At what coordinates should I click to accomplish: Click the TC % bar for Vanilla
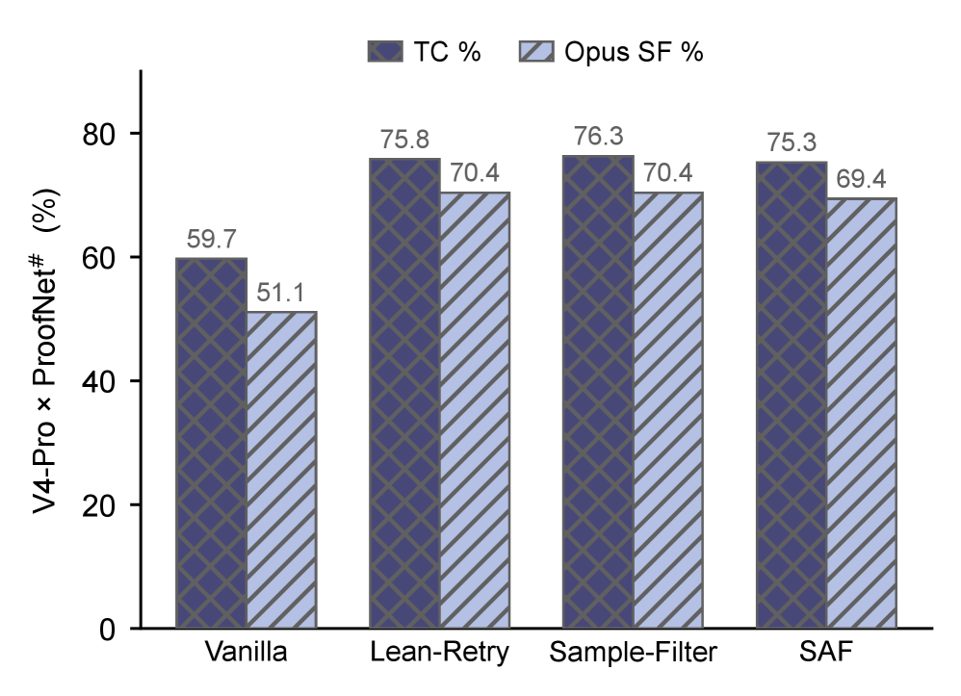pos(212,443)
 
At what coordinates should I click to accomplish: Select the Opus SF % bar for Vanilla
pos(281,470)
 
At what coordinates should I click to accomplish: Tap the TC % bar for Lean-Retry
pos(404,394)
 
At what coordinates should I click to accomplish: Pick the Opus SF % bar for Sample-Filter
pos(668,410)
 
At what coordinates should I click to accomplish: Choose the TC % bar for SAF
pos(792,395)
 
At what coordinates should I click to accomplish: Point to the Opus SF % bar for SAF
pos(861,413)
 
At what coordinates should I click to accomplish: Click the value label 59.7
pos(212,239)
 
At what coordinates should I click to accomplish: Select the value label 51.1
pos(281,293)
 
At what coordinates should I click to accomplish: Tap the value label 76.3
pos(598,136)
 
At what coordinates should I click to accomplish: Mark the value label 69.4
pos(861,179)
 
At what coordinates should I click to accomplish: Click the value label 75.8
pos(404,139)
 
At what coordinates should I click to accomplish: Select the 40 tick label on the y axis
pos(98,382)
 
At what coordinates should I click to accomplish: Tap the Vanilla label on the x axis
pos(246,652)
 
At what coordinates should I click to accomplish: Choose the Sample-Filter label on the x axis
pos(633,652)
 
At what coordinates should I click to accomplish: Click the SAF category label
pos(826,652)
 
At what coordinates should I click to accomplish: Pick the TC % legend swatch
pos(385,51)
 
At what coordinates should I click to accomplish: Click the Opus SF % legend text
pos(634,52)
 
